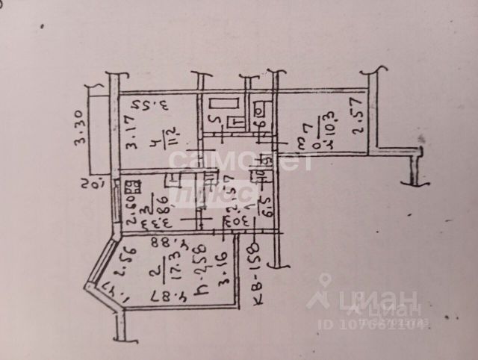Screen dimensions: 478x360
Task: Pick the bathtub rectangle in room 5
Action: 223,105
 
